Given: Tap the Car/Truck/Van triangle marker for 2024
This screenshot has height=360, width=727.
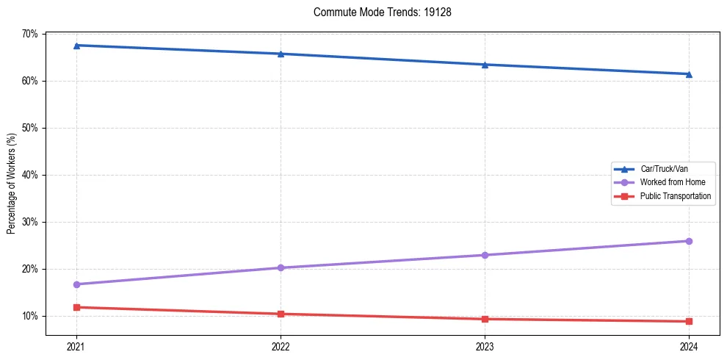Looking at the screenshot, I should click(x=689, y=74).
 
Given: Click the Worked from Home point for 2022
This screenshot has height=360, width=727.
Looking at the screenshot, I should click(x=281, y=267).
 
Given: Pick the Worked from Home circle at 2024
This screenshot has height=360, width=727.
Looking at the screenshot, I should click(x=689, y=241).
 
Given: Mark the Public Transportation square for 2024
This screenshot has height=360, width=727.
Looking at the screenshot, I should click(x=689, y=321).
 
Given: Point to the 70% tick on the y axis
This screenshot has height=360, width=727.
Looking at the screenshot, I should click(x=30, y=34).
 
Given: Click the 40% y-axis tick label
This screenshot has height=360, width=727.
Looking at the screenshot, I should click(x=30, y=175).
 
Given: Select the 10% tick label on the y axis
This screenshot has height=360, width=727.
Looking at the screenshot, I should click(x=30, y=316).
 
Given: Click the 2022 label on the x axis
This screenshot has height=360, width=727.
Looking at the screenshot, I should click(x=281, y=346).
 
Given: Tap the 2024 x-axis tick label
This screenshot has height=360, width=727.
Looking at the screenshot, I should click(x=689, y=346).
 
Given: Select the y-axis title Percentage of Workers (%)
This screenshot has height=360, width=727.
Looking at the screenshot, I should click(x=12, y=184).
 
